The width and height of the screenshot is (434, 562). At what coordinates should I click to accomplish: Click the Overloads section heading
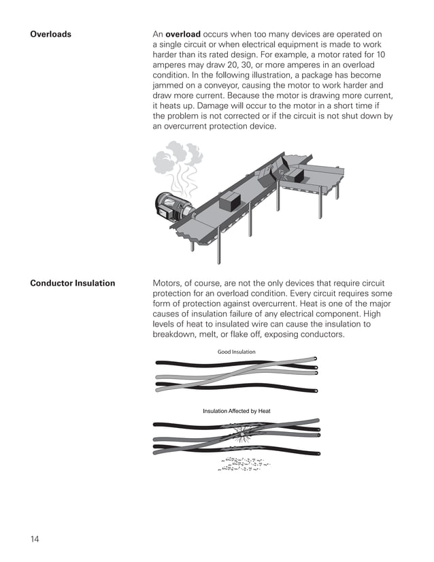click(50, 34)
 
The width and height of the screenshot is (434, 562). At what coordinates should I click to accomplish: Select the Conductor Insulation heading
click(72, 283)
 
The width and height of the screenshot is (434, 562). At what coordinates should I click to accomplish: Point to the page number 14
click(35, 540)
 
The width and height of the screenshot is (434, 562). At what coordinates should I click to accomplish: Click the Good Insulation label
click(236, 352)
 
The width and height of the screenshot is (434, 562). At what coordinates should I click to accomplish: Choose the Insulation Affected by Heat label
click(236, 411)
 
